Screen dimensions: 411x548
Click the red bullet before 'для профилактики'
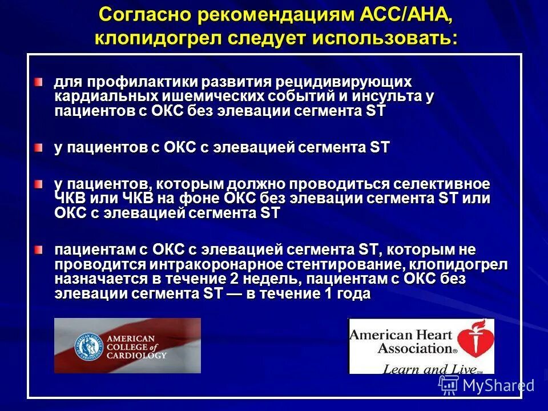pos(38,83)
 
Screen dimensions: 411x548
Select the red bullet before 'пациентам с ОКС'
pos(38,250)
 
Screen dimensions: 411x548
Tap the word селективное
pos(441,184)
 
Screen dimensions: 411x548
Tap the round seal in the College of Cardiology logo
pos(88,346)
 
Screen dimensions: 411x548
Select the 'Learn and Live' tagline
pos(423,369)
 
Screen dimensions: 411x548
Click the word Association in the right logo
pos(400,348)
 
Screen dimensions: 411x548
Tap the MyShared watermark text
pos(498,385)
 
